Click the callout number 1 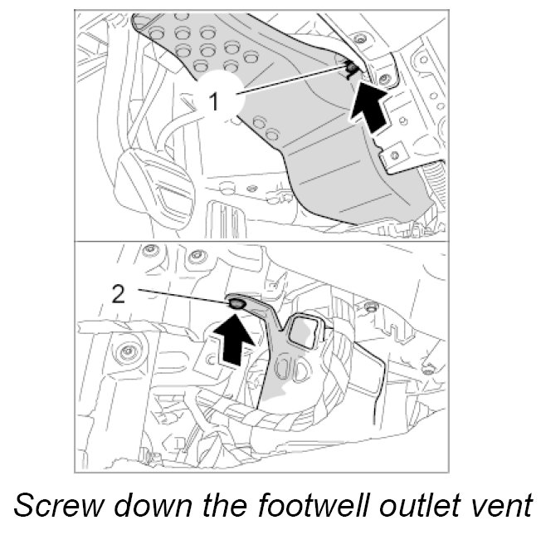tap(214, 102)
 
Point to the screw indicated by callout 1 tap(352, 66)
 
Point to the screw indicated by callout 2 tap(237, 305)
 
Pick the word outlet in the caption tap(402, 506)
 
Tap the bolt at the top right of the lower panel tap(371, 308)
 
